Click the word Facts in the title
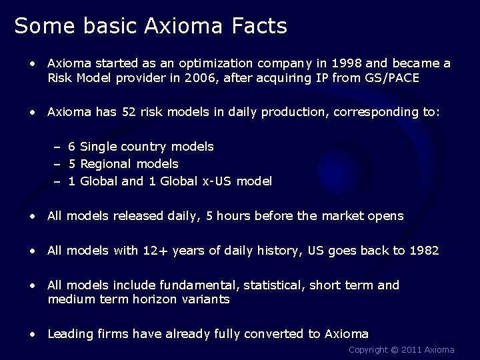point(258,26)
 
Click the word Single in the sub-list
point(99,146)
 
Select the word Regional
point(109,163)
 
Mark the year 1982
point(425,251)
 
